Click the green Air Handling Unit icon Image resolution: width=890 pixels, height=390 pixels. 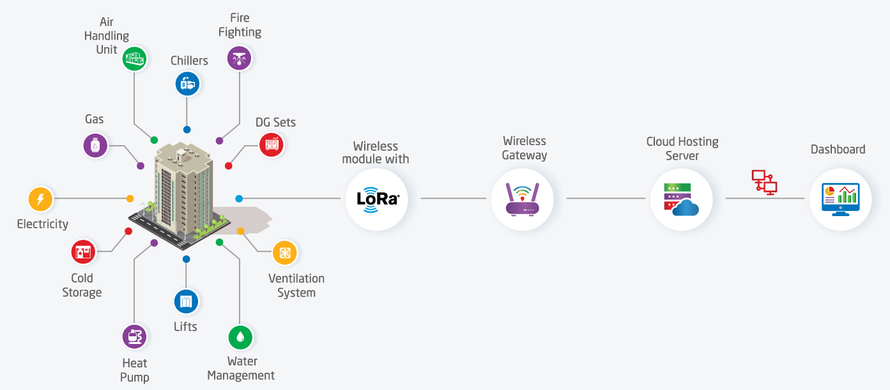pos(134,59)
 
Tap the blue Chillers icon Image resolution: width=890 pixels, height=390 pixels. pos(188,84)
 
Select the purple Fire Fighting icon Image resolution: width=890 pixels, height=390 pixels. pos(239,58)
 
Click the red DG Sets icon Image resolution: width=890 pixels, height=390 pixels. pos(272,144)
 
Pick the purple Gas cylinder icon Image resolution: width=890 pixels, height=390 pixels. pos(95,146)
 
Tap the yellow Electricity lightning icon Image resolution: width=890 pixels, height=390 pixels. pos(40,199)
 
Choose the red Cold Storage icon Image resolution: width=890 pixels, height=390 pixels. pos(83,252)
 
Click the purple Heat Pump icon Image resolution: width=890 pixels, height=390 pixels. pos(134,337)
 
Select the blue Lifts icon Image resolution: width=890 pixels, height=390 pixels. pos(186,301)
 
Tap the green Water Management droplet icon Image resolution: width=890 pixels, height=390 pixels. pos(240,337)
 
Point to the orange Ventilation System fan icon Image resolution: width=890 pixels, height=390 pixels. pos(285,253)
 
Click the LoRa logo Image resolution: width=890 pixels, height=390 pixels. pos(378,199)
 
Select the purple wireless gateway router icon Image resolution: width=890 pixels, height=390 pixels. pos(522,199)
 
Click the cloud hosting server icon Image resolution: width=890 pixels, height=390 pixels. pos(681,199)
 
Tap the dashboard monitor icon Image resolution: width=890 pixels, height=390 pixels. pos(840,199)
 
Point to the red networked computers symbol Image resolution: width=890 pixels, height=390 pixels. pos(764,182)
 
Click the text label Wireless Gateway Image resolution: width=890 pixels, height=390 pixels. pos(525,148)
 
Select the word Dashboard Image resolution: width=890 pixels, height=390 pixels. pos(838,150)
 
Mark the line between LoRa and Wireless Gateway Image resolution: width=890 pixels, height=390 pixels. pos(454,198)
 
